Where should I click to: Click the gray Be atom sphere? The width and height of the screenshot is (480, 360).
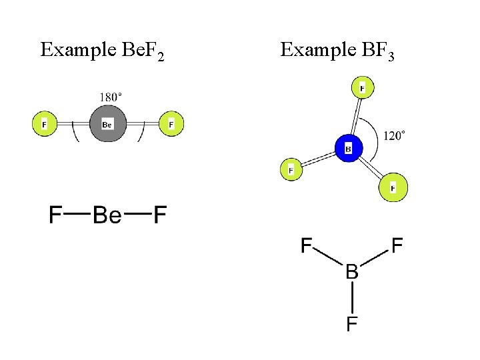107,124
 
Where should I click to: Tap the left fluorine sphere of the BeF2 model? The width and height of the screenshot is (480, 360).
45,124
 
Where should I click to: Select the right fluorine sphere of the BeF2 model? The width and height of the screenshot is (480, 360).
171,124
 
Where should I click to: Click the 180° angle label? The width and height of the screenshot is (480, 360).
111,97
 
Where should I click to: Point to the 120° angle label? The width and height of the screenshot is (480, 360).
394,136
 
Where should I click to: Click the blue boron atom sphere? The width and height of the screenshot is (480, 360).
348,148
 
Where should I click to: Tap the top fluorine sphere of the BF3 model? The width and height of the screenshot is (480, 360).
362,87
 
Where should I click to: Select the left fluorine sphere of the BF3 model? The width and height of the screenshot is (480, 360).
291,170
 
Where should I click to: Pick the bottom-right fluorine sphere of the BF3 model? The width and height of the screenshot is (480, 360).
393,189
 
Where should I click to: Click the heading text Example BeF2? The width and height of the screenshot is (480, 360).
102,51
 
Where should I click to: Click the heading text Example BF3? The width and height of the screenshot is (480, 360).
337,51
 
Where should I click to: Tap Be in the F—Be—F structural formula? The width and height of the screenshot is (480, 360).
107,215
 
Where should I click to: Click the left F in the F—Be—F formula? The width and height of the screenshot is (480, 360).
56,215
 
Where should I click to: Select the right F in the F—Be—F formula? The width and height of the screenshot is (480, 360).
159,215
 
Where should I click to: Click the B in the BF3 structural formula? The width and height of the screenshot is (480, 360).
351,272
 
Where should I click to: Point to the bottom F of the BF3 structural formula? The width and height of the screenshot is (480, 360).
351,325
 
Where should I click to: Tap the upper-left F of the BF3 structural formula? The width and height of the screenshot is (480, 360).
307,246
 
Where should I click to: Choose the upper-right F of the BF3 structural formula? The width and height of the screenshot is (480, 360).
397,246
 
